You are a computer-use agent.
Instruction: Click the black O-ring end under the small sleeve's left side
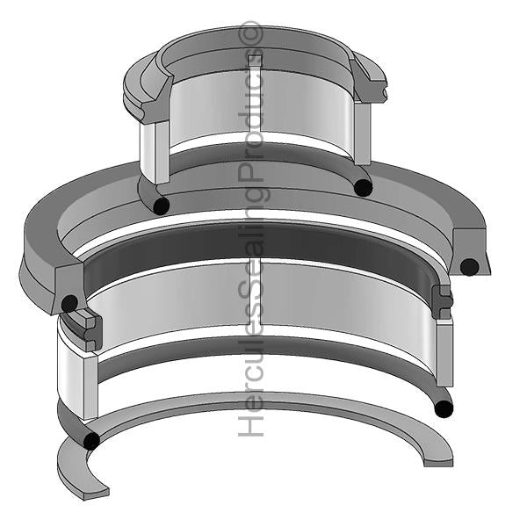point(161,206)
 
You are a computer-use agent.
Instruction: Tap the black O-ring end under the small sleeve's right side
point(362,186)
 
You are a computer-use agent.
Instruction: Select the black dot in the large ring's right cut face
point(470,267)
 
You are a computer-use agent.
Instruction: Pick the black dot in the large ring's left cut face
point(69,304)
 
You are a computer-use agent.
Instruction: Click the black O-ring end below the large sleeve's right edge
point(444,408)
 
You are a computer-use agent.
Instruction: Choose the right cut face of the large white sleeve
point(444,360)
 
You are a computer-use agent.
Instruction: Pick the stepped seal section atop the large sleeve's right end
point(443,301)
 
